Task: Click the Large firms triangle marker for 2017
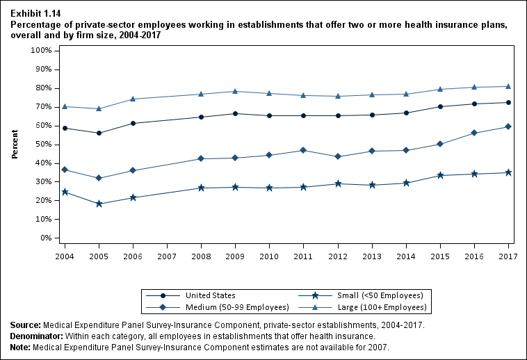click(508, 86)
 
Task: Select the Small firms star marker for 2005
click(99, 204)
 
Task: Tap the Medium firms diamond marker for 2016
click(474, 133)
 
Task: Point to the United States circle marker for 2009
click(236, 113)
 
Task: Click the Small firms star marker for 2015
click(440, 175)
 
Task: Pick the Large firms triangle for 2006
click(133, 99)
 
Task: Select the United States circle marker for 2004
click(65, 128)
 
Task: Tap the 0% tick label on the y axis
click(45, 238)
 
